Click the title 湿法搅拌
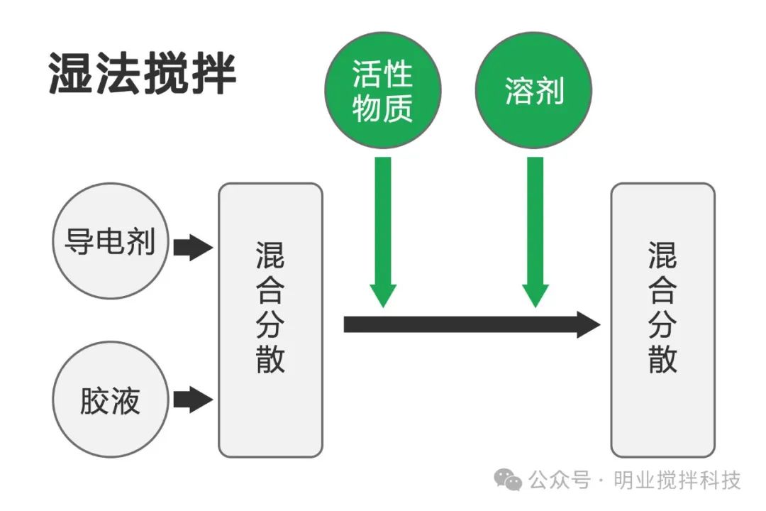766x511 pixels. (x=142, y=74)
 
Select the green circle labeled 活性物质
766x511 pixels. (x=383, y=90)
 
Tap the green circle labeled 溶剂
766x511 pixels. (x=533, y=90)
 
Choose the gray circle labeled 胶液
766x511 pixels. (x=110, y=400)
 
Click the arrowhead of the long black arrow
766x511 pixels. (x=589, y=324)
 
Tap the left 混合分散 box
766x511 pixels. (x=270, y=319)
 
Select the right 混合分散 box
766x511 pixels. (x=662, y=319)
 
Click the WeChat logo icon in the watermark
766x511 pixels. (x=508, y=480)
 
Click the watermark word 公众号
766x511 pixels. (x=559, y=480)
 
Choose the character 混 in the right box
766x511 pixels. (x=662, y=255)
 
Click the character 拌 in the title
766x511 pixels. (x=212, y=74)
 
